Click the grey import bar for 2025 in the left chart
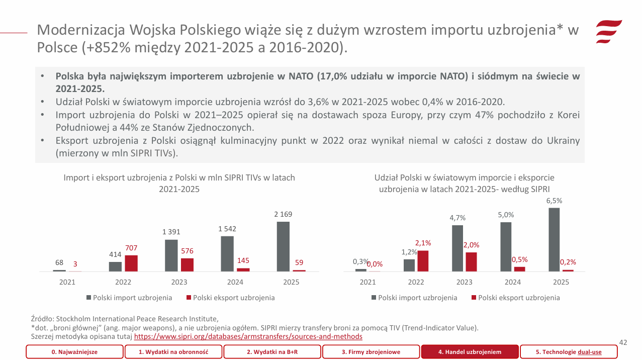(x=283, y=246)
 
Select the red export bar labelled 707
(x=131, y=263)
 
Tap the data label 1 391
(x=171, y=232)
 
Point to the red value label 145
(x=243, y=260)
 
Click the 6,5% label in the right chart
(x=554, y=201)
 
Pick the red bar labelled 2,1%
(x=423, y=260)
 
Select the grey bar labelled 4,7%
(x=457, y=248)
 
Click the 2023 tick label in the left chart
(x=179, y=282)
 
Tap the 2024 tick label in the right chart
(x=513, y=282)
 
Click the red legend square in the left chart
(x=189, y=298)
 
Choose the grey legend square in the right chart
(x=374, y=298)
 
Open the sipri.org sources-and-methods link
(x=248, y=336)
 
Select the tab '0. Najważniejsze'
(x=74, y=352)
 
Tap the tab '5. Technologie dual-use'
(x=568, y=352)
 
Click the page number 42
(x=623, y=342)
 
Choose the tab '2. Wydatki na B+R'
(x=272, y=352)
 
